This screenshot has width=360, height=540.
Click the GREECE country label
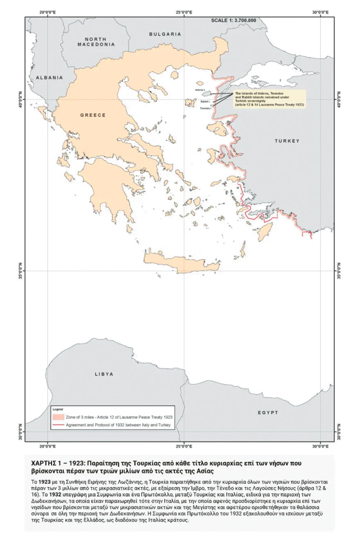92,115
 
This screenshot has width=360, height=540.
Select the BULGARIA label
165,34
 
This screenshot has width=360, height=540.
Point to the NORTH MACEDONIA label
96,41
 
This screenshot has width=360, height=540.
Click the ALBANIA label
49,77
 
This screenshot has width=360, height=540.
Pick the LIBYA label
103,374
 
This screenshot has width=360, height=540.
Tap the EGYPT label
268,412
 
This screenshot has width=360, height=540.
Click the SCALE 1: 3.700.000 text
234,20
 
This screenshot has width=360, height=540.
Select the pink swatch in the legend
59,417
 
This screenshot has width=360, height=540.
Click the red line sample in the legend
59,425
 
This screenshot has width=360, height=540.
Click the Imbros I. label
200,89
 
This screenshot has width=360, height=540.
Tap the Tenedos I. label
205,108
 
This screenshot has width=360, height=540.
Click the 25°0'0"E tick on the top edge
184,13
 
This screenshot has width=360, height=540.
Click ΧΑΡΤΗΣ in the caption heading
45,464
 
